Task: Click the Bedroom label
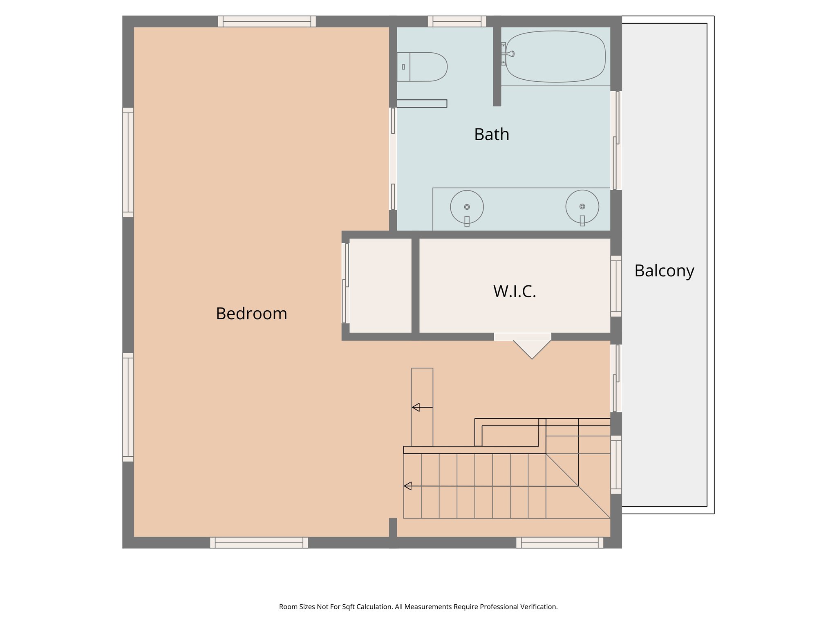click(251, 314)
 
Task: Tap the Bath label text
click(492, 135)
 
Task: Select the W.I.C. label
click(515, 292)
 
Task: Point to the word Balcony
click(664, 271)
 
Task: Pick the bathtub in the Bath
click(555, 56)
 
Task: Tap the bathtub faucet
click(509, 54)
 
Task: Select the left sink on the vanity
click(467, 207)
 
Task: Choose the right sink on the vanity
click(582, 206)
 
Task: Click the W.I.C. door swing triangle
click(532, 348)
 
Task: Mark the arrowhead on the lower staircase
click(408, 486)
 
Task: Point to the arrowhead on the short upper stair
click(416, 407)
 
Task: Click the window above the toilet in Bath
click(457, 21)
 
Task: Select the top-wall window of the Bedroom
click(267, 21)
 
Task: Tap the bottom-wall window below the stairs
click(559, 543)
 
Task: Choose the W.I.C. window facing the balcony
click(616, 286)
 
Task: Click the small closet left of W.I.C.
click(380, 285)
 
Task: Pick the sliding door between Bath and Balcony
click(616, 140)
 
